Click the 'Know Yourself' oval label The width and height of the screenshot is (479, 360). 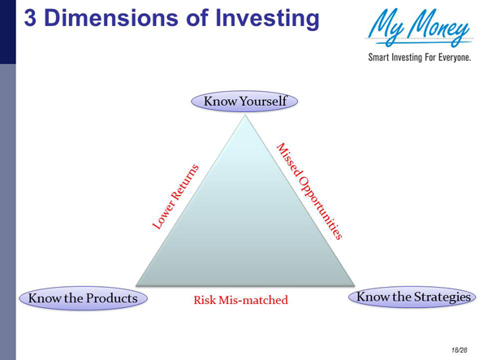[x=245, y=102]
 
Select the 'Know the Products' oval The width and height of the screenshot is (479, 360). [x=82, y=298]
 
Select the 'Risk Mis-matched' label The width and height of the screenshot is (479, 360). [x=240, y=300]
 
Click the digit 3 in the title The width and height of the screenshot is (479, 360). [x=32, y=19]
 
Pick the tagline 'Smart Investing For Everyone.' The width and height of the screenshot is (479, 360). [x=420, y=59]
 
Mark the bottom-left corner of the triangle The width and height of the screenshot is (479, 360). [x=136, y=284]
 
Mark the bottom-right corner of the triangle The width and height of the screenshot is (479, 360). [x=356, y=284]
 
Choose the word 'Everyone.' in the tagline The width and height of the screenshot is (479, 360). [x=451, y=59]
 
